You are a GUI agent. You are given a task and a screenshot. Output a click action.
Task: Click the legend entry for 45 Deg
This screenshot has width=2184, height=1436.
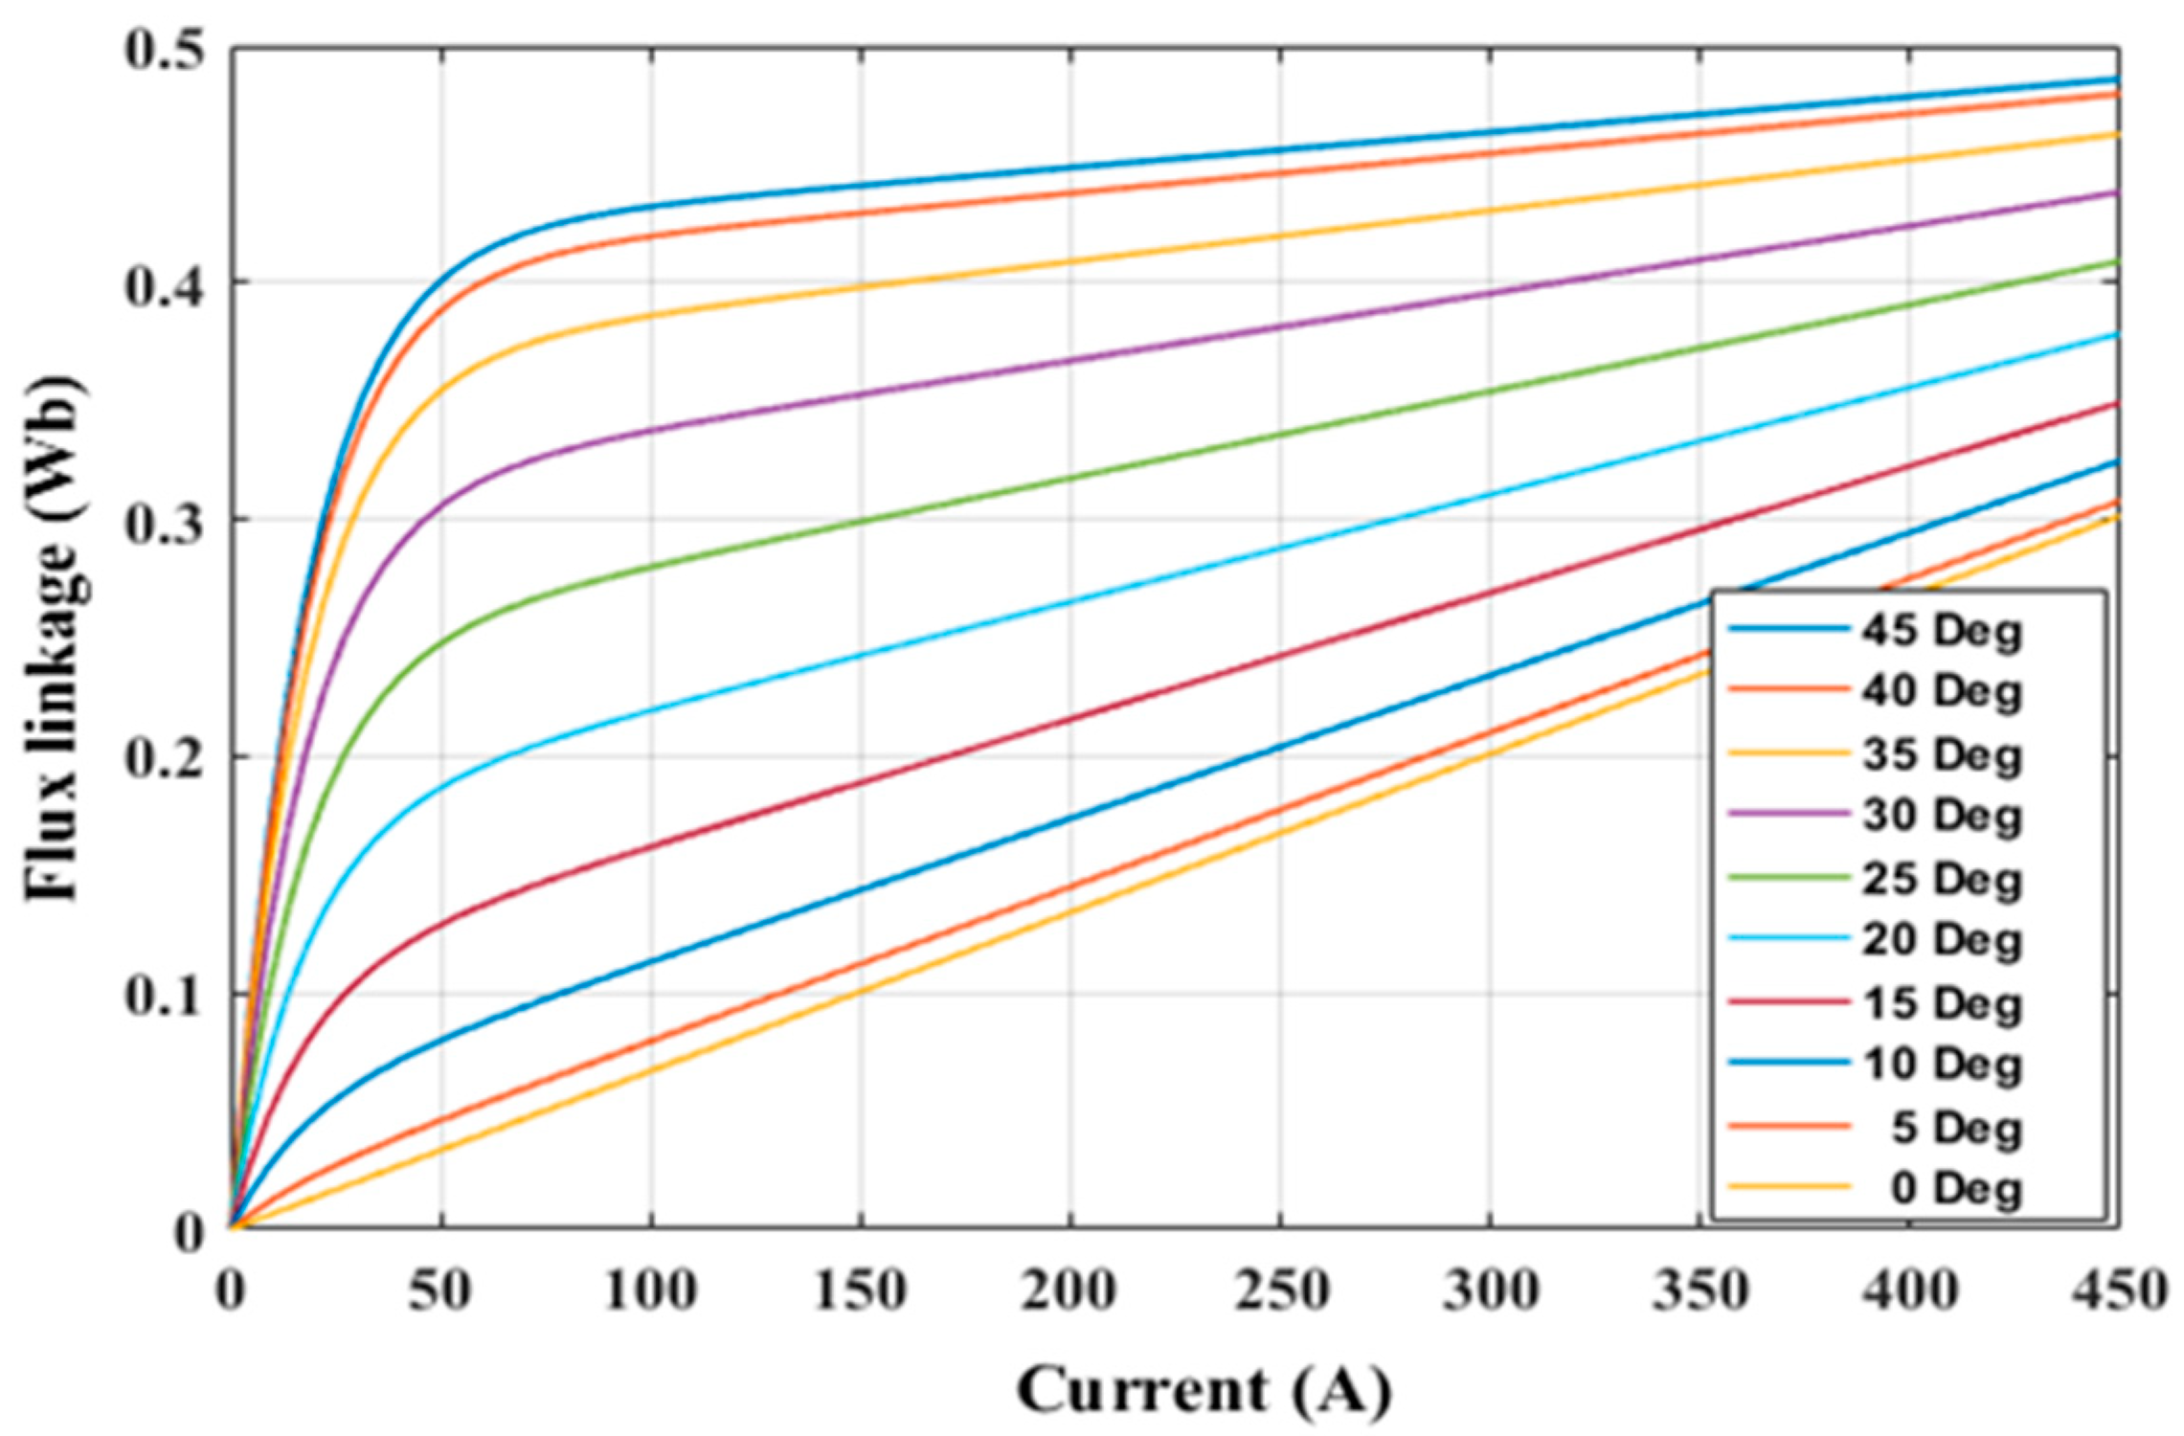coord(1941,631)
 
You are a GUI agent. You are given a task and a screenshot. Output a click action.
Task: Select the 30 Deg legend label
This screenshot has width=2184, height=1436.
coord(1941,816)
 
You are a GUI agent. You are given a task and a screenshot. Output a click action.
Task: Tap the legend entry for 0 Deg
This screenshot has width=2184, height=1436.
coord(1955,1189)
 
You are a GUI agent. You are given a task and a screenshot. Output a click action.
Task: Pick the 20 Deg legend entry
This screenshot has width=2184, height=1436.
coord(1941,940)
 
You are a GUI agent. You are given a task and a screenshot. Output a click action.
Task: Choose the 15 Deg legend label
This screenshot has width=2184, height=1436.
coord(1941,1003)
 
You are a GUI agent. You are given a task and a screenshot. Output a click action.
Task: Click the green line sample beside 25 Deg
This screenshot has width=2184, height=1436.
coord(1788,877)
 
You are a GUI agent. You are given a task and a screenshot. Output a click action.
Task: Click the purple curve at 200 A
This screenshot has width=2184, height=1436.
coord(1070,360)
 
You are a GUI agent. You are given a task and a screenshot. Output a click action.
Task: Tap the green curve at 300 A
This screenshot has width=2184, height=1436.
coord(1490,391)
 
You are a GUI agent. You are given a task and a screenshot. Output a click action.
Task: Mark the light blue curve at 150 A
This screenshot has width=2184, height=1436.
coord(861,656)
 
